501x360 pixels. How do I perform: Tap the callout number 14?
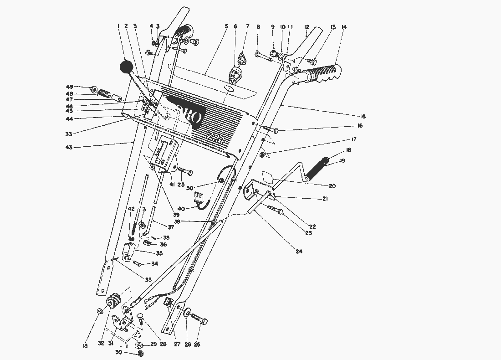(343, 27)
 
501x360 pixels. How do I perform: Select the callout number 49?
(69, 87)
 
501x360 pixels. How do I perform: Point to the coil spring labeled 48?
(105, 94)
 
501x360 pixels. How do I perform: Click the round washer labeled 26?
(187, 314)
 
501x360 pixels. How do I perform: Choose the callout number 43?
(69, 147)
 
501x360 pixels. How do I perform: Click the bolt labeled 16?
(275, 131)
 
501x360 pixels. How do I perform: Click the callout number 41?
(172, 185)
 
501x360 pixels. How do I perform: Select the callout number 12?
(307, 27)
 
